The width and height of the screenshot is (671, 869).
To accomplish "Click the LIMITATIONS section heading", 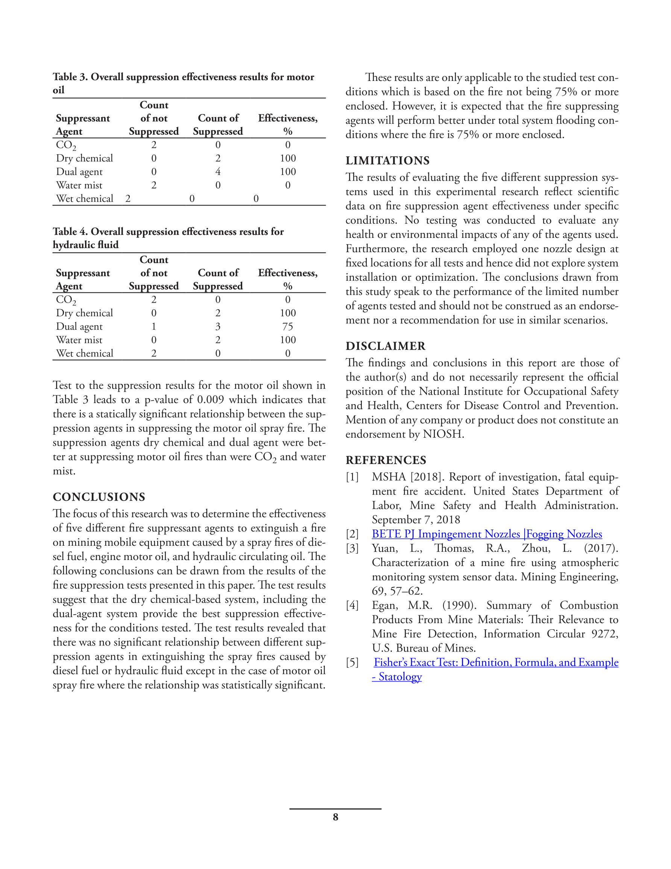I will [387, 160].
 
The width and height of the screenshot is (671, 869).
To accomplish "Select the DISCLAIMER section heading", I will [386, 346].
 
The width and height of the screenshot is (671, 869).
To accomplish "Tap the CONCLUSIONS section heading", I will [99, 496].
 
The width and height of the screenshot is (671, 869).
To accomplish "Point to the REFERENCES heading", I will [386, 460].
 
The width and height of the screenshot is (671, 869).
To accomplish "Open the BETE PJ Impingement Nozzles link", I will [486, 534].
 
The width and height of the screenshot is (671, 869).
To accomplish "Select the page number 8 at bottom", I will [335, 817].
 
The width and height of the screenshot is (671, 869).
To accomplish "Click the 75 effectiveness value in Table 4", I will [288, 327].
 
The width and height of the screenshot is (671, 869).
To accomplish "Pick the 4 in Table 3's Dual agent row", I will [218, 172].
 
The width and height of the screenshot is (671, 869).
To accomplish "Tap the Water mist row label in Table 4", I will [79, 340].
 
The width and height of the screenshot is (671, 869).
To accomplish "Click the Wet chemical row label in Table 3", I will [84, 199].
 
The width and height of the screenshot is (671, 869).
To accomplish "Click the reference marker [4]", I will [352, 605].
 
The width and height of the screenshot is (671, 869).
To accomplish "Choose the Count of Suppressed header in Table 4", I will [218, 279].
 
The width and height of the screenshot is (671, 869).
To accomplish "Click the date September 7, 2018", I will [416, 519].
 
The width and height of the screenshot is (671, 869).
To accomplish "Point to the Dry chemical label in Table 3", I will [84, 158].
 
